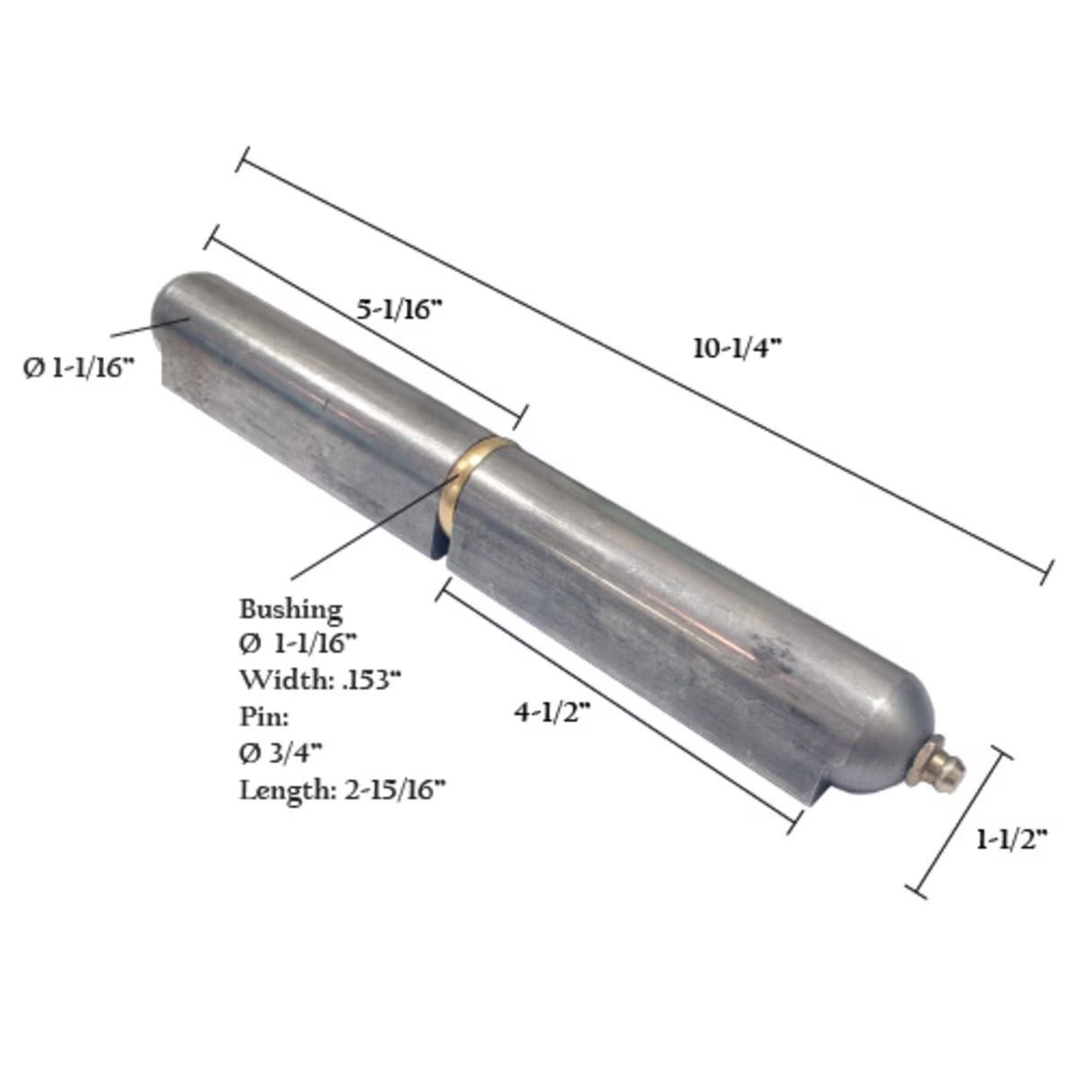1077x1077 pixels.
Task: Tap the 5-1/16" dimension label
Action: coord(400,311)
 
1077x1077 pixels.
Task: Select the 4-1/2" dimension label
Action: coord(551,713)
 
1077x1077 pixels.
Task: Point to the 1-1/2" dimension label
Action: coord(1012,841)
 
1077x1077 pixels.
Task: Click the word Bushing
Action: coord(290,609)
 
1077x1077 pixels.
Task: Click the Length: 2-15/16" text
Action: coord(342,790)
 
